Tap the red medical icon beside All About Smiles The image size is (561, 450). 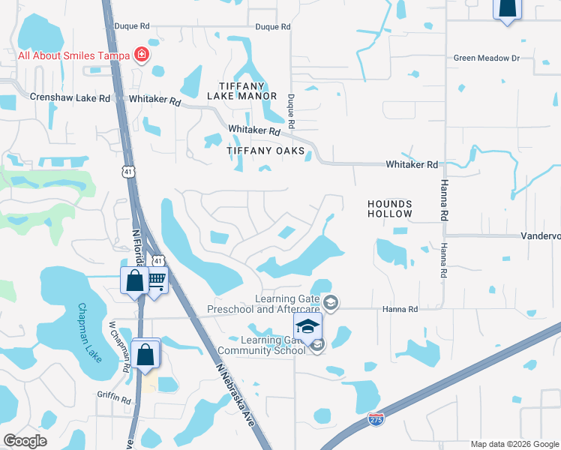[x=139, y=55]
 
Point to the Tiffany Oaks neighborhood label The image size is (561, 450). [x=266, y=151]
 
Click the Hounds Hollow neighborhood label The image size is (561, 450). [x=390, y=208]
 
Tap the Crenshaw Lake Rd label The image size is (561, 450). [x=70, y=97]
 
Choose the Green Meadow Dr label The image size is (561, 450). [x=487, y=58]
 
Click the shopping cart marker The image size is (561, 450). [x=156, y=282]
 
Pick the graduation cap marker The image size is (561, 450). [x=307, y=327]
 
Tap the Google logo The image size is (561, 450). [x=25, y=441]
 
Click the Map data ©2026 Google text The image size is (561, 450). [x=514, y=444]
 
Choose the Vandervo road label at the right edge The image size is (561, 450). [x=541, y=235]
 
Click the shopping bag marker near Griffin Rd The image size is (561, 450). [x=145, y=354]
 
